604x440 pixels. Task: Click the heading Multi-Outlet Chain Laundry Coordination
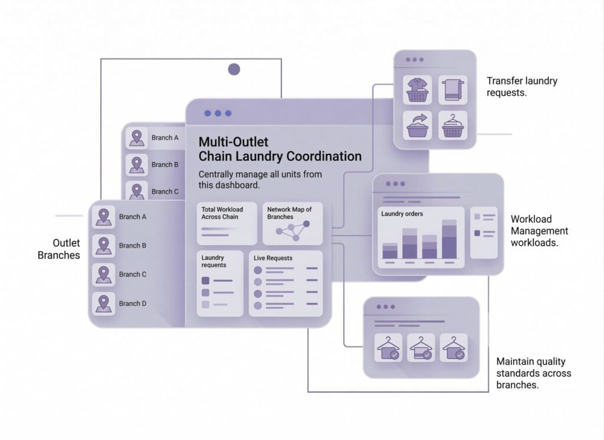tap(280, 149)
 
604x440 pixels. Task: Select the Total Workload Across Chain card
tap(227, 223)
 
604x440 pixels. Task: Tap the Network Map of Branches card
tap(293, 223)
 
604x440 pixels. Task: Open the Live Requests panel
tap(285, 283)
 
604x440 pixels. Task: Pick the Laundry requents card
tap(220, 283)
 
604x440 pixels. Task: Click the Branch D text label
tap(133, 304)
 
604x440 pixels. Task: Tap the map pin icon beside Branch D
tap(104, 304)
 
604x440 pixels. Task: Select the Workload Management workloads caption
tap(539, 230)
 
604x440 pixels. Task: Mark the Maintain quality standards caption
tap(533, 373)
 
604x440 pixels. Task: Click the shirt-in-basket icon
tap(418, 89)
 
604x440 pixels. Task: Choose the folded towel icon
tap(452, 89)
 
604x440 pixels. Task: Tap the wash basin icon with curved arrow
tap(418, 125)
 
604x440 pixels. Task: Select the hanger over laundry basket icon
tap(452, 125)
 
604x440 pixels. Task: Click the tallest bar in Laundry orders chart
tap(449, 239)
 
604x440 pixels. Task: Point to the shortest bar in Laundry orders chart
tap(390, 251)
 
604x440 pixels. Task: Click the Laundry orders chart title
tap(402, 214)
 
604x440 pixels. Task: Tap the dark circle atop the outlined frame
tap(234, 70)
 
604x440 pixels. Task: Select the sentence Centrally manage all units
tap(260, 180)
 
